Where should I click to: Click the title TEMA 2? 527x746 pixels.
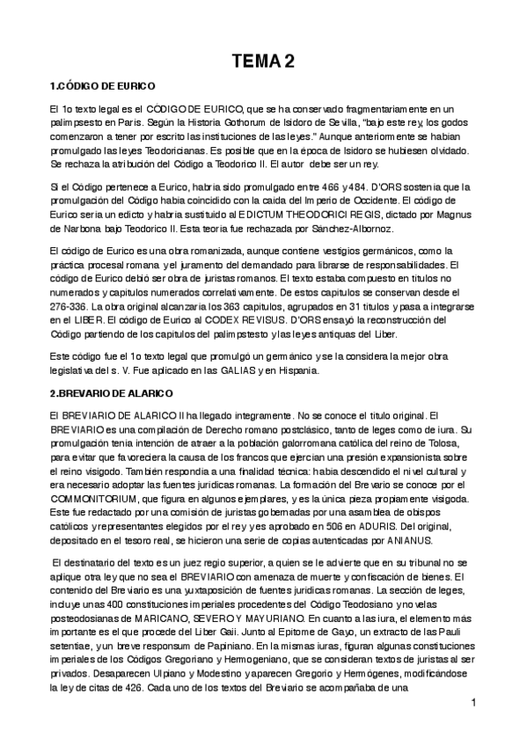(263, 61)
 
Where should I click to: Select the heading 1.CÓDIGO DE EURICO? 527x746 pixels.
(102, 86)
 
